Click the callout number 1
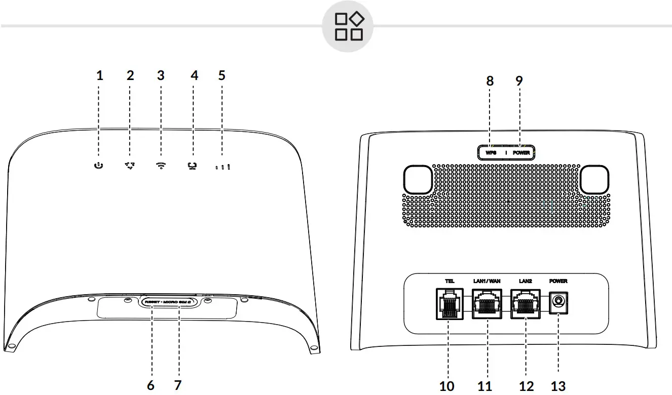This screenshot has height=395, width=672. (99, 76)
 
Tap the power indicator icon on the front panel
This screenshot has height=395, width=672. (99, 166)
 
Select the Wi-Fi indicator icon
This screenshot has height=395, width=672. (161, 166)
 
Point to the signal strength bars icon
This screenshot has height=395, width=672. (222, 166)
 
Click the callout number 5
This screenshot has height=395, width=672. (221, 76)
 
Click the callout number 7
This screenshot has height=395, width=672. (177, 385)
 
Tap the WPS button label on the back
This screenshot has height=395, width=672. (491, 152)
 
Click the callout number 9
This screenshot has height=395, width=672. (518, 81)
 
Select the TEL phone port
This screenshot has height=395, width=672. (449, 304)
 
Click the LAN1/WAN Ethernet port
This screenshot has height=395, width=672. (487, 304)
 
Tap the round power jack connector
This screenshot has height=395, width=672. (558, 303)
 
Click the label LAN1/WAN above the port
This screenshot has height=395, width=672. (486, 281)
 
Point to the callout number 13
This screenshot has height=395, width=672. (558, 386)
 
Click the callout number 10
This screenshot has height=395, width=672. (447, 386)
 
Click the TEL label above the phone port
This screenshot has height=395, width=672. (449, 281)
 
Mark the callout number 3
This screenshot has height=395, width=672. (161, 76)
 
